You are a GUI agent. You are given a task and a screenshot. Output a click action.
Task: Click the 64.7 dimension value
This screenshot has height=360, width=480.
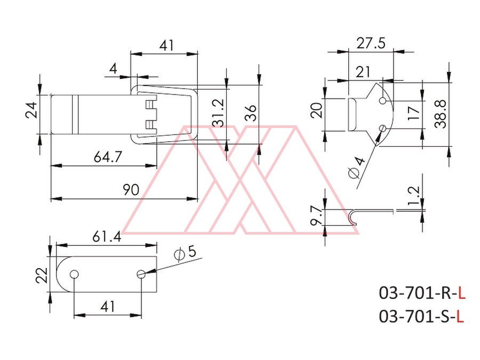click(x=108, y=157)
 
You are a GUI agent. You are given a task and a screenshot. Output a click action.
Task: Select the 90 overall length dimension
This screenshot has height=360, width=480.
click(x=131, y=190)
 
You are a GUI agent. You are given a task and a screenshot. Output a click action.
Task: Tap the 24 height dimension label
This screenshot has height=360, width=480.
click(x=31, y=110)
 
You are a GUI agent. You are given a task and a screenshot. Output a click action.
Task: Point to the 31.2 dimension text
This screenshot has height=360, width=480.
click(x=219, y=113)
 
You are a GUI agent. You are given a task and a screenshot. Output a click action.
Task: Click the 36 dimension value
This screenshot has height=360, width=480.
click(x=251, y=113)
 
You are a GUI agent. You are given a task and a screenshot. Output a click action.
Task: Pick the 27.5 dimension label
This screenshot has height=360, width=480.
click(x=371, y=43)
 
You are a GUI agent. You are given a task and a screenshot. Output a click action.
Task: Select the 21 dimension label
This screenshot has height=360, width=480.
click(x=363, y=72)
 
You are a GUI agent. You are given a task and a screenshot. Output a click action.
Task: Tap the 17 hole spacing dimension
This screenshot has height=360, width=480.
click(x=414, y=114)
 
